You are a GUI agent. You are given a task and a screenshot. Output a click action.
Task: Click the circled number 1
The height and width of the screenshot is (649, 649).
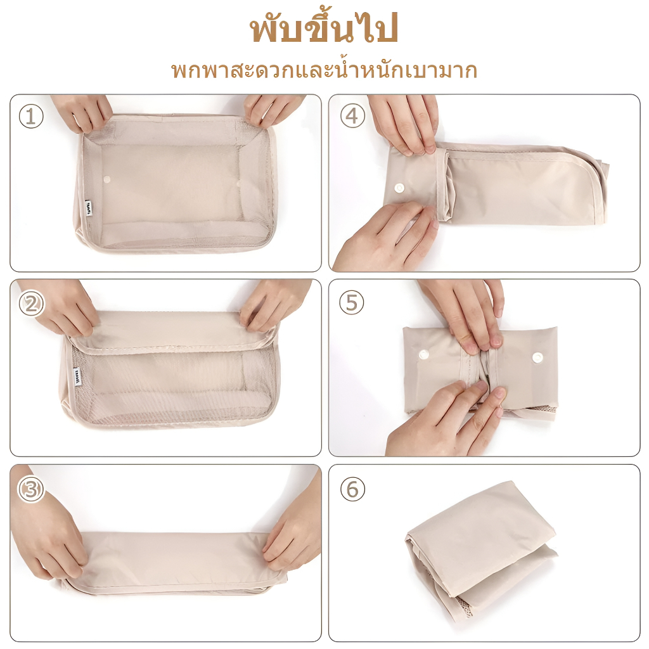(31, 116)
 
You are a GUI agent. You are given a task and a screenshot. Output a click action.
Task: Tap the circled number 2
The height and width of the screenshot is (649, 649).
(31, 304)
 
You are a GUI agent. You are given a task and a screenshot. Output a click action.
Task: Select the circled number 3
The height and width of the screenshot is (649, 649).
(30, 489)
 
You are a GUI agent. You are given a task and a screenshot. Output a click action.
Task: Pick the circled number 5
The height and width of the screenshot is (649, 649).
(352, 303)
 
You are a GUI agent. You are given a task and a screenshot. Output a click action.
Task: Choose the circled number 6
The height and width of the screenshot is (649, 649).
(352, 489)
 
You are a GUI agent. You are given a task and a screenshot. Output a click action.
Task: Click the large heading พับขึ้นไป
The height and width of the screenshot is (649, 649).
(324, 30)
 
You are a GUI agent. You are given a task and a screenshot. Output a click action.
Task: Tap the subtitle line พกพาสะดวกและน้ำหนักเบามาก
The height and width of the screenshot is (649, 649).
(324, 70)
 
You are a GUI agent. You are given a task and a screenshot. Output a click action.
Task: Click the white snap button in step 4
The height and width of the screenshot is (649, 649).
(399, 186)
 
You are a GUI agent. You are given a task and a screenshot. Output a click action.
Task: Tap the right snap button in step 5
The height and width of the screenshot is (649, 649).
(537, 357)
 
